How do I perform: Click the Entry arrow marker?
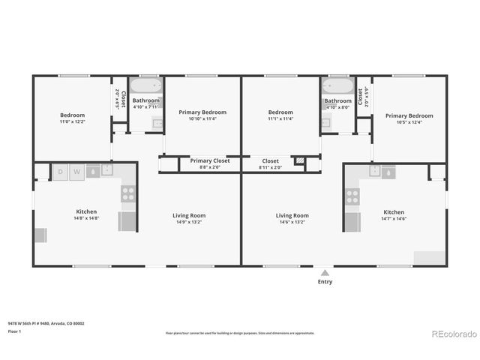(324, 273)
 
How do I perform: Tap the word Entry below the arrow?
(324, 282)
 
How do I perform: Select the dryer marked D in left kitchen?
(61, 172)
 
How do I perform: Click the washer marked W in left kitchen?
(76, 172)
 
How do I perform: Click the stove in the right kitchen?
(352, 197)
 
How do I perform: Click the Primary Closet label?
(209, 160)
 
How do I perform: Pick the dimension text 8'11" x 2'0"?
(270, 168)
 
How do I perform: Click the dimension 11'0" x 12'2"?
(72, 121)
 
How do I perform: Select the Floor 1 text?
(14, 331)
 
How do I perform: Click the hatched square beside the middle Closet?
(299, 160)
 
